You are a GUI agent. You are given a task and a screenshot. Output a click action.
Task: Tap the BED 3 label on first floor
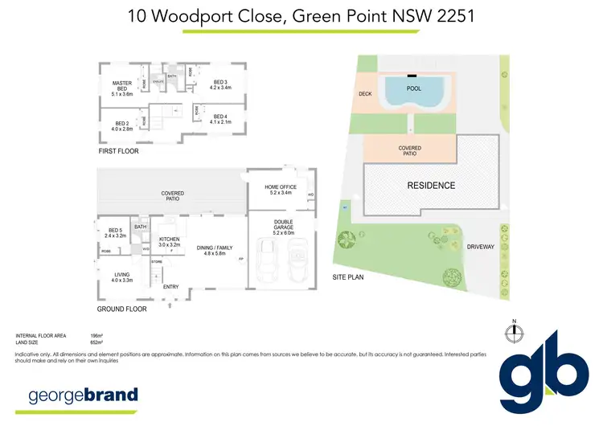[220, 81]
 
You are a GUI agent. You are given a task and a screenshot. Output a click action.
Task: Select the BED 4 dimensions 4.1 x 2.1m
[220, 122]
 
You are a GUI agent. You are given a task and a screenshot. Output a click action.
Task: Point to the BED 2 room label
[121, 125]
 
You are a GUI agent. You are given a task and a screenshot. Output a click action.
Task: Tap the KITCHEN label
[170, 240]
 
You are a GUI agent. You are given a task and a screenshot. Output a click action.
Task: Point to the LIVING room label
[121, 275]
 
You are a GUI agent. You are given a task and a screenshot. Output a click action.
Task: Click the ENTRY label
[170, 287]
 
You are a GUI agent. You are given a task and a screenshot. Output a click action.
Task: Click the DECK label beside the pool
[364, 95]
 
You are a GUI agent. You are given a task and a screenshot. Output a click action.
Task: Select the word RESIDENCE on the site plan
[431, 186]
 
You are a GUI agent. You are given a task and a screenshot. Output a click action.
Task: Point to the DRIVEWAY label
[481, 248]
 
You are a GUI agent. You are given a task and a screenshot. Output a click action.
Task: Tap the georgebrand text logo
[83, 395]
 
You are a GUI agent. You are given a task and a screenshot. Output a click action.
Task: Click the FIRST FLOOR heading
[117, 151]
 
